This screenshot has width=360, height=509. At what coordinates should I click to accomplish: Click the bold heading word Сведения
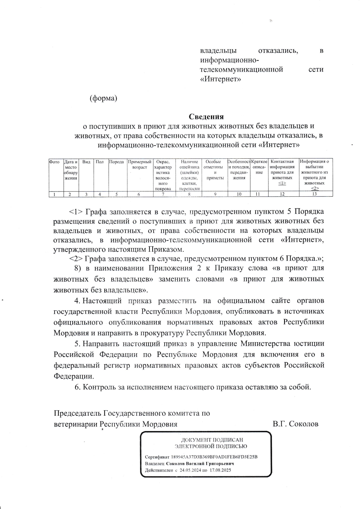coord(206,117)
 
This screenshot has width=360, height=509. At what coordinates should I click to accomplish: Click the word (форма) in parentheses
coord(103,98)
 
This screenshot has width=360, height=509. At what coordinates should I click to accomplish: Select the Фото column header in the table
coord(54,162)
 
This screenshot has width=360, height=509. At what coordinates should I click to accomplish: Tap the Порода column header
coord(116,162)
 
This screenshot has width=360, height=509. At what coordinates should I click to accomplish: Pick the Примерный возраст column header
coord(139,164)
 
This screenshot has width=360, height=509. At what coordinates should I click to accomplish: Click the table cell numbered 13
coord(314,194)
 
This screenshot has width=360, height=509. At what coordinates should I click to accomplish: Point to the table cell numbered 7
coord(163,194)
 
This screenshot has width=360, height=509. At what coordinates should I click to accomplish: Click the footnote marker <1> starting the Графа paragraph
coord(76,212)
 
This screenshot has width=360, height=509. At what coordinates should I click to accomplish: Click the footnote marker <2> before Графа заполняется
coord(76,259)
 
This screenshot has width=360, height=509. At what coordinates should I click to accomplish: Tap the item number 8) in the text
coord(78,268)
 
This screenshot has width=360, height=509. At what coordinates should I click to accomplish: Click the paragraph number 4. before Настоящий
coord(77,301)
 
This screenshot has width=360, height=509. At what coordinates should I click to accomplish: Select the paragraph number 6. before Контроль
coord(77,387)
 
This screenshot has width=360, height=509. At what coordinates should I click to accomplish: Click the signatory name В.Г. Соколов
coord(295,424)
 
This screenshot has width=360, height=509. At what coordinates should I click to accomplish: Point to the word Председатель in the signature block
coord(78,413)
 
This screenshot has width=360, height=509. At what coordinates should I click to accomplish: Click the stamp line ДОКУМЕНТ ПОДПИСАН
coord(212,440)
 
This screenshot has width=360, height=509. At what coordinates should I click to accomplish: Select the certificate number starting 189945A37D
coord(214,457)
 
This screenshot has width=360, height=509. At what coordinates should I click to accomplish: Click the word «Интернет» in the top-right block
coord(220,79)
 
